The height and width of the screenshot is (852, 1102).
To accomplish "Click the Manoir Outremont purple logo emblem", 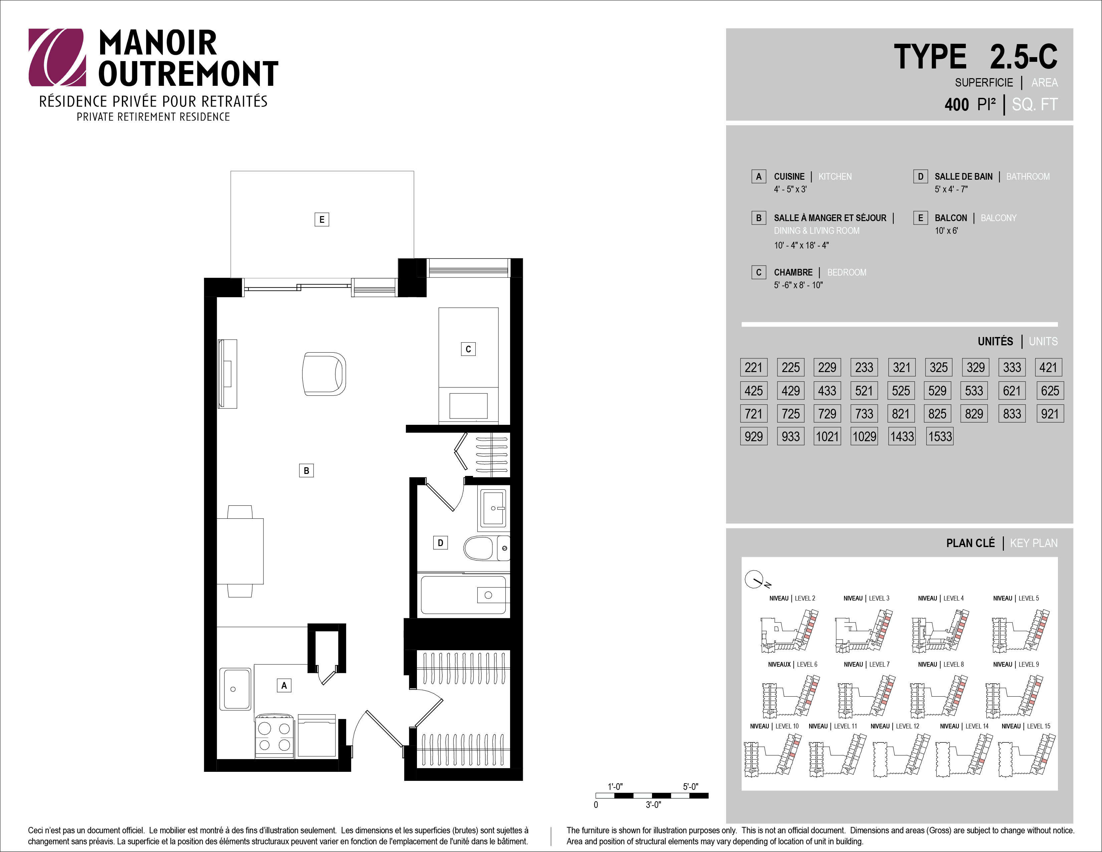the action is (x=57, y=57).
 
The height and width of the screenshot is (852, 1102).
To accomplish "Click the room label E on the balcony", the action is (x=321, y=219).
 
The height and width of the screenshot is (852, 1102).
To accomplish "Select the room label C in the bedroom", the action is (x=468, y=349).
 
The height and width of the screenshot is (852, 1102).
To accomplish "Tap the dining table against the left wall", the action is (x=240, y=551).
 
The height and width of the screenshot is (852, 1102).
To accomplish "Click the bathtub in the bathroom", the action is (x=463, y=595).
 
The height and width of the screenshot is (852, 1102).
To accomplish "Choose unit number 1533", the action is (x=940, y=437).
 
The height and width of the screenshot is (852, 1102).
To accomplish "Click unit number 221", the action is (x=753, y=367).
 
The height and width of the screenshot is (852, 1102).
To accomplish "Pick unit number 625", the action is (x=1050, y=391).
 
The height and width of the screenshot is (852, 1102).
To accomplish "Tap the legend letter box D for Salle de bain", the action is (x=920, y=176).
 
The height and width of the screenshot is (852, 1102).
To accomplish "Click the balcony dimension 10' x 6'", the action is (x=946, y=231).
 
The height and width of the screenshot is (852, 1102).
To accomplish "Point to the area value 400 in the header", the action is (x=957, y=105).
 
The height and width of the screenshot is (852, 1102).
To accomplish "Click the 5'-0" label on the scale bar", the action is (x=691, y=787).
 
